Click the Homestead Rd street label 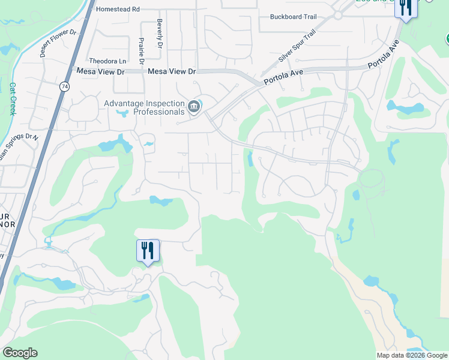(x=118, y=10)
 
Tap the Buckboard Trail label (x=293, y=17)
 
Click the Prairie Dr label (x=141, y=51)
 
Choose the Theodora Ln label (x=108, y=61)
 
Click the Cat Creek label (x=13, y=98)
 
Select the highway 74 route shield (x=64, y=86)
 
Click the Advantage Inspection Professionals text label (x=144, y=107)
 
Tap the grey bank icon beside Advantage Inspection (x=194, y=107)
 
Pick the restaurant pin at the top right (x=406, y=8)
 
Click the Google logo (x=20, y=353)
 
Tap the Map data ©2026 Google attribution (x=411, y=355)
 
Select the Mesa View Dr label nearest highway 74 (x=100, y=71)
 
